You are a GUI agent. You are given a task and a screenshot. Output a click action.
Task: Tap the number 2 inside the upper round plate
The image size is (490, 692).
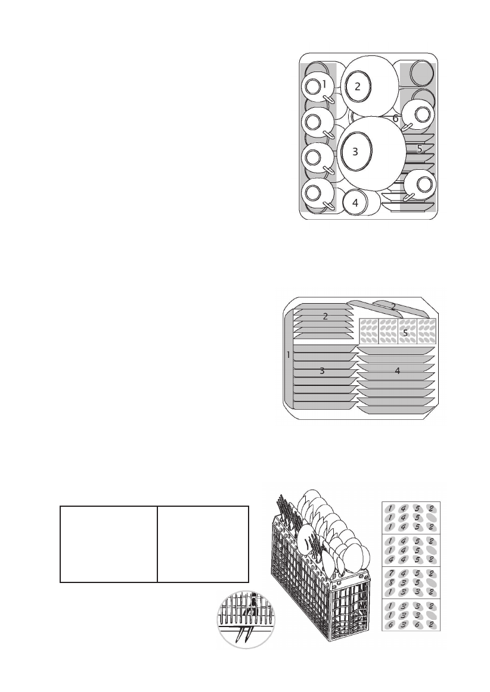[358, 86]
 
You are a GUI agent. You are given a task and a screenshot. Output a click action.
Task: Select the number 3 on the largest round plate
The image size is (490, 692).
[355, 151]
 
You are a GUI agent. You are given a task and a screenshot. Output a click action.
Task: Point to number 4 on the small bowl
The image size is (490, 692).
[355, 202]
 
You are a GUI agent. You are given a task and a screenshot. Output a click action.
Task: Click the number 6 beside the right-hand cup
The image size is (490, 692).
[395, 119]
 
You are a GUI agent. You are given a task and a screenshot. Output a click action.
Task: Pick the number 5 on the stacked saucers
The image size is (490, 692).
[420, 148]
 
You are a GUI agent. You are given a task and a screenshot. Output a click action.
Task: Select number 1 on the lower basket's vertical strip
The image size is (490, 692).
[289, 355]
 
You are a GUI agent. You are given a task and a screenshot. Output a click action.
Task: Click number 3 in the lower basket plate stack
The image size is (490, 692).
[322, 371]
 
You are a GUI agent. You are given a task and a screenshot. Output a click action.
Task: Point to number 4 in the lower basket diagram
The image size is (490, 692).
[398, 371]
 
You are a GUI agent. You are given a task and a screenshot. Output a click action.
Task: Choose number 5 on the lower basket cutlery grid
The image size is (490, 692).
[405, 333]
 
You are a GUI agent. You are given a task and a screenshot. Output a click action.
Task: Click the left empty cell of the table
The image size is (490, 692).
[108, 544]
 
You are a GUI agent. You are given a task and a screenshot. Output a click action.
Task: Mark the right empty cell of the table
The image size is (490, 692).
[203, 544]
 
